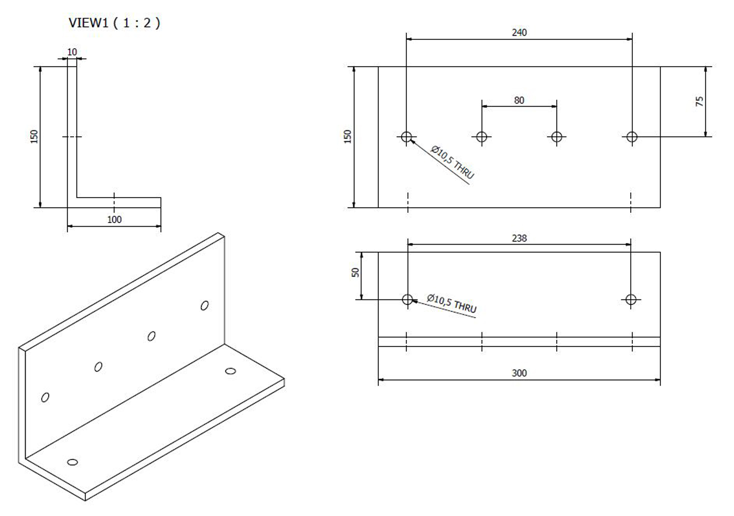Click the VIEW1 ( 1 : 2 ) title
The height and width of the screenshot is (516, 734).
(x=114, y=23)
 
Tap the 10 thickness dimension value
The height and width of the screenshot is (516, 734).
(x=72, y=52)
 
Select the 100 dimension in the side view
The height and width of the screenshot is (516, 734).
(x=114, y=219)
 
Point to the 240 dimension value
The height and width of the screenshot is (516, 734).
(x=519, y=33)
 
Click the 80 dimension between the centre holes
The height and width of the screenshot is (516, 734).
(x=519, y=100)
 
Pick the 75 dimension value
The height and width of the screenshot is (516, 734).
(x=700, y=101)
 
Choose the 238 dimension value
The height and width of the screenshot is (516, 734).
(x=519, y=238)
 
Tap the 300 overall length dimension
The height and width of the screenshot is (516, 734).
(x=519, y=373)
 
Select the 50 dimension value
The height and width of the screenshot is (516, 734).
(x=355, y=272)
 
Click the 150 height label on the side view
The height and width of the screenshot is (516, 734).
(x=34, y=136)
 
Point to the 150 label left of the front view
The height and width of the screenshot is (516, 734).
(x=347, y=136)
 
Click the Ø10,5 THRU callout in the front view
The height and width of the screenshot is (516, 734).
(x=453, y=162)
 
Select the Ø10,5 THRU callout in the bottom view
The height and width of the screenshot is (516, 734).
(x=452, y=303)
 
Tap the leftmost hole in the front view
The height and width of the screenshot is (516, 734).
(x=407, y=137)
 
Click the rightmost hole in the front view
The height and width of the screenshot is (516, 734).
(x=632, y=137)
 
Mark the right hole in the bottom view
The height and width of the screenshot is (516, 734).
(x=631, y=299)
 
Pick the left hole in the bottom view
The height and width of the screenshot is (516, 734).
(x=407, y=299)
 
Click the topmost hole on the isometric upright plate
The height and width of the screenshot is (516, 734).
(x=205, y=305)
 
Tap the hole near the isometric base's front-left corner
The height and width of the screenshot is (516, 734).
(x=72, y=462)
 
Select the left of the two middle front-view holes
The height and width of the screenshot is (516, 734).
(x=482, y=137)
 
